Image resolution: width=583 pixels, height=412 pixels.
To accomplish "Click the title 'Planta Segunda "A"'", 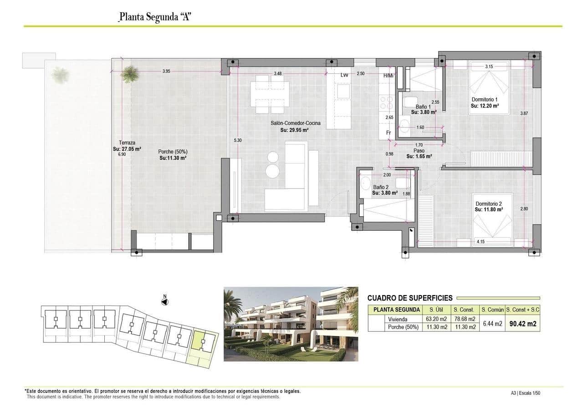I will pos(153,17).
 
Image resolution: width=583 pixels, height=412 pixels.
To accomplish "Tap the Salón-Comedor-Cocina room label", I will pos(294,123).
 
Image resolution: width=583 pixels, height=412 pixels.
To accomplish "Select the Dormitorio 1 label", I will pos(485,99).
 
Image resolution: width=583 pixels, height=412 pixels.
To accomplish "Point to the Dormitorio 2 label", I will pos(488,203).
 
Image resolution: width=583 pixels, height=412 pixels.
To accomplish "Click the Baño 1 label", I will pos(423,107).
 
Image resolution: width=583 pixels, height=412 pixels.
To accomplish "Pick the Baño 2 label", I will pos(381,187).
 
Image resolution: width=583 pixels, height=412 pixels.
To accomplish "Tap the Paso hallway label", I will pos(419,151).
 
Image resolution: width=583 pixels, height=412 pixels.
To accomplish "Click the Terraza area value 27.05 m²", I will pos(127,148).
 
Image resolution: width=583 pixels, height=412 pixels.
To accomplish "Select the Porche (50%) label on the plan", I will pos(173,152).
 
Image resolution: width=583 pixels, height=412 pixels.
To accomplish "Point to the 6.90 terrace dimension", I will pos(121,154).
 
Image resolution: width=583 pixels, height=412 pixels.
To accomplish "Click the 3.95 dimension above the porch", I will pos(166,71).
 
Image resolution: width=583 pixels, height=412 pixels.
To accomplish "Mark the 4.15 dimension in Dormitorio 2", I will pos(480,241).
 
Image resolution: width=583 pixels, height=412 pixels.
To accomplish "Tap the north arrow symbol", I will pos(165,301).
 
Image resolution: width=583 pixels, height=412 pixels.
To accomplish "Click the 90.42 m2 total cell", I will pos(522,324).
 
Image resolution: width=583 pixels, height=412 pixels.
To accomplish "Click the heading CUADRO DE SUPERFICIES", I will pos(410,298).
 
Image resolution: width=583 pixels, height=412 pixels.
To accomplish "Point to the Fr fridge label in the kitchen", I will pos(388,132).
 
